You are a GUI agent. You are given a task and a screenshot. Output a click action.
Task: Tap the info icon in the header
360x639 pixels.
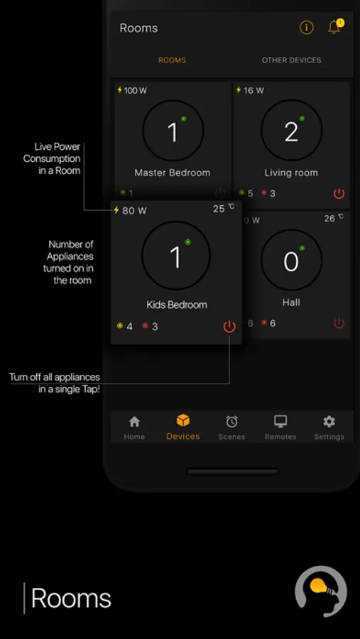307,28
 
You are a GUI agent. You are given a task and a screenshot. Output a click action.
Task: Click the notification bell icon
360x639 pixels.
334,27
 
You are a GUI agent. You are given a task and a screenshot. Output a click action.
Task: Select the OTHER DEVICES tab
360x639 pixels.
292,60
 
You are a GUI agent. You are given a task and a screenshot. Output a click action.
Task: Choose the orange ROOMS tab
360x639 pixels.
172,60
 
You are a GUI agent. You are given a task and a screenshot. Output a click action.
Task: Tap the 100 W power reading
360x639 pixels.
132,90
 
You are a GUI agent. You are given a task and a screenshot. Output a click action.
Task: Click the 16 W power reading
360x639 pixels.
250,90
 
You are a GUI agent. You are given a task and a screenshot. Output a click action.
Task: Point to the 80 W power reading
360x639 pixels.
130,210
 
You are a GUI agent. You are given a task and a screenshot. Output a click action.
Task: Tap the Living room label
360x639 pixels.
291,173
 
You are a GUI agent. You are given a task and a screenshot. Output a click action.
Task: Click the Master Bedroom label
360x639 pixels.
173,173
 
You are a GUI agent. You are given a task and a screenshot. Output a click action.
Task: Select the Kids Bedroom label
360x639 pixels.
177,305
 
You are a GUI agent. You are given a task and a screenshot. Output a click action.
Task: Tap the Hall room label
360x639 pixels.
291,302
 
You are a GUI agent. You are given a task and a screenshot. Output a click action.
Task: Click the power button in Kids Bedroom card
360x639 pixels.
229,327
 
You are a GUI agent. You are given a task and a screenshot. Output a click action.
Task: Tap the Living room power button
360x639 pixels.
339,193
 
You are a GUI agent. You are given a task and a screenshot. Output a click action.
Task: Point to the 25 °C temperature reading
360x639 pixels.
224,208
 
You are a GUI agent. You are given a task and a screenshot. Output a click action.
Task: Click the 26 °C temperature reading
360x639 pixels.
334,218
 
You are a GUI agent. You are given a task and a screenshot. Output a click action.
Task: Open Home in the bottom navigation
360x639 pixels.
134,428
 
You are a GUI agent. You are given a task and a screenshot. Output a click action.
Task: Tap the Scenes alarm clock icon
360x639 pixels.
231,421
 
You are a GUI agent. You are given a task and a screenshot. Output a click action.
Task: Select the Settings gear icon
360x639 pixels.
329,421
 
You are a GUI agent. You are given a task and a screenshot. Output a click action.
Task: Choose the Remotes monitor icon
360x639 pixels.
280,421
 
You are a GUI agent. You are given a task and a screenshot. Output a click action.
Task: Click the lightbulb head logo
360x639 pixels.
321,591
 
